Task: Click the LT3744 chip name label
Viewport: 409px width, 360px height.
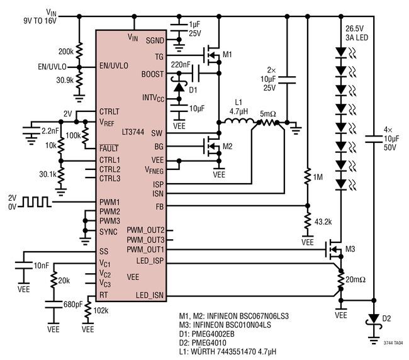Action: (x=133, y=132)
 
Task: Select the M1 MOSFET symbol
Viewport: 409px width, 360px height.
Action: (x=212, y=55)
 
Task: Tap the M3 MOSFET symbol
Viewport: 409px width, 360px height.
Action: (x=334, y=249)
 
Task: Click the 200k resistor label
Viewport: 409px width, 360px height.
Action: (x=65, y=52)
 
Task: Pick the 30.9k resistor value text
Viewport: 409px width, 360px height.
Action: (x=65, y=80)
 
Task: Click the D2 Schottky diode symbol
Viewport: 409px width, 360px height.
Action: (x=374, y=319)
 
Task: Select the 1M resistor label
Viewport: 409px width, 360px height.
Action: (x=318, y=177)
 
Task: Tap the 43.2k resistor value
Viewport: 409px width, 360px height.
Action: (x=323, y=222)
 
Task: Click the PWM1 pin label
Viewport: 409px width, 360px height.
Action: (x=109, y=202)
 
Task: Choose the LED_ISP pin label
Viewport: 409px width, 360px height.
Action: (x=150, y=261)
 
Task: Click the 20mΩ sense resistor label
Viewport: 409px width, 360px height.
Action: (x=356, y=279)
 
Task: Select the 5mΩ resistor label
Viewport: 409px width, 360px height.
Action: (x=268, y=114)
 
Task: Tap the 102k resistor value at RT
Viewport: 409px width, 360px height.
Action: (x=101, y=311)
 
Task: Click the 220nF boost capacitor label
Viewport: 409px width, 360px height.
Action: (x=181, y=64)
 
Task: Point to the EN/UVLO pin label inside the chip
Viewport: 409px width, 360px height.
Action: (x=114, y=65)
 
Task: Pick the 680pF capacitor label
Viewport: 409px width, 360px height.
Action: (x=73, y=304)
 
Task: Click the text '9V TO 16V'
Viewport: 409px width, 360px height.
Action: (x=40, y=21)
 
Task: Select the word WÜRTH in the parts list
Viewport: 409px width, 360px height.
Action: (x=203, y=351)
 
